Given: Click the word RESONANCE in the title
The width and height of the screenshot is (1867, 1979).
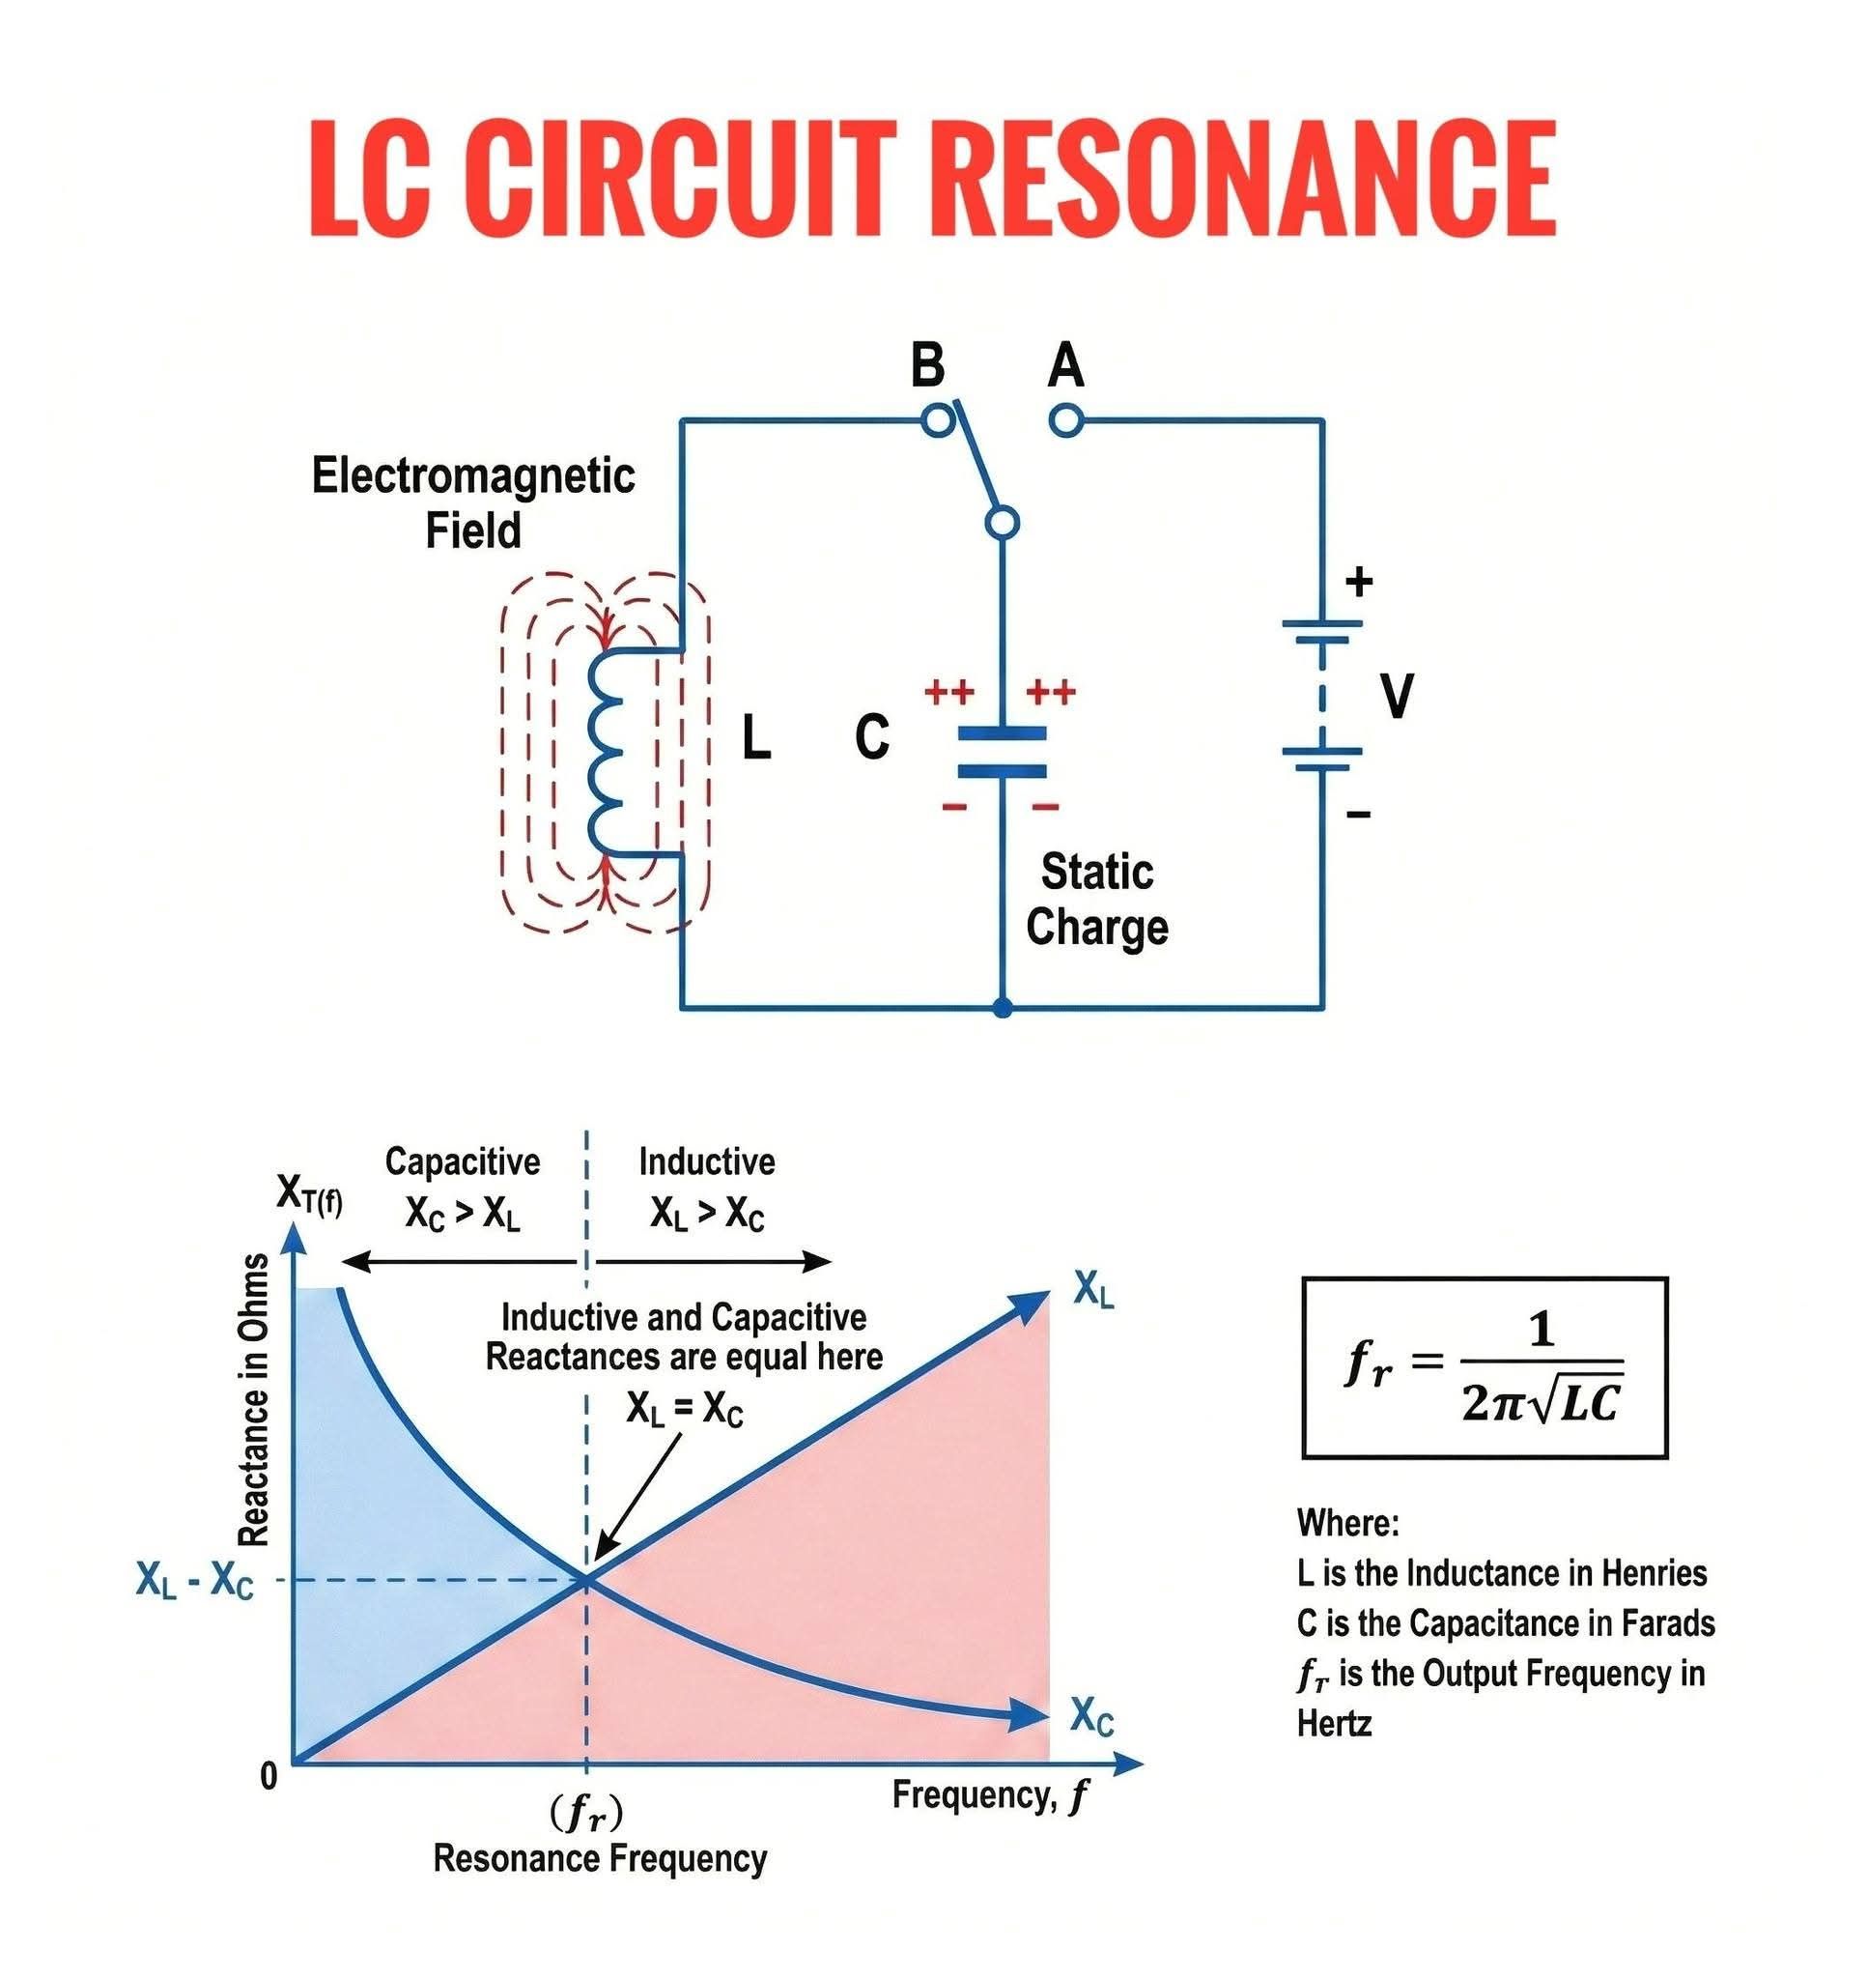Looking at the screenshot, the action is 1248,178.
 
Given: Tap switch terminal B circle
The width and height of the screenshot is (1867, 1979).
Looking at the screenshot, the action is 938,420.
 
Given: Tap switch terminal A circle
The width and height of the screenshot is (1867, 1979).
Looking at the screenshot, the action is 1065,420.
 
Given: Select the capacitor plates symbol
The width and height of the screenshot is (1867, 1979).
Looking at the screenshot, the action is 1002,753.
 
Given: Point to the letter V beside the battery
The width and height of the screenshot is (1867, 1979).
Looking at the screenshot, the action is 1398,696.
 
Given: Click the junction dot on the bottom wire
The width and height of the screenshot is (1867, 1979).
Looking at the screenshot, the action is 1003,1009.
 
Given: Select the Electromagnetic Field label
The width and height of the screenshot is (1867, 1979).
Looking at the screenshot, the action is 472,502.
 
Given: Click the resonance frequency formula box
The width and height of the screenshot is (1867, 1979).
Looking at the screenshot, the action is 1484,1366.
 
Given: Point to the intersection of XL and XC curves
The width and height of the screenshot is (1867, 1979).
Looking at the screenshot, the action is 586,1579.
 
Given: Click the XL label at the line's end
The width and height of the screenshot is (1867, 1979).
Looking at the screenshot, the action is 1093,1292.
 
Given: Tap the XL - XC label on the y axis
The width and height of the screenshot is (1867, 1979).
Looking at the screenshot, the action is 194,1581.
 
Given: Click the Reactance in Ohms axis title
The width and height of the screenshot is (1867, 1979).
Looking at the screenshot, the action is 255,1399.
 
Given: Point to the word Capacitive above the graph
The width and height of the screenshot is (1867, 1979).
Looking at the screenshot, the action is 463,1162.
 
